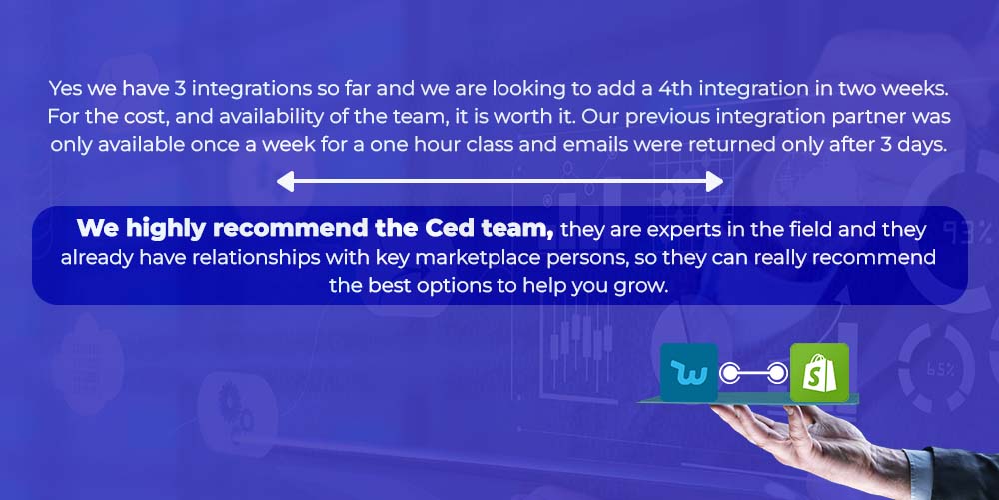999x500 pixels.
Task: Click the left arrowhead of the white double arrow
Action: point(284,181)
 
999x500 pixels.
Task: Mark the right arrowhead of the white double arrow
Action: point(715,181)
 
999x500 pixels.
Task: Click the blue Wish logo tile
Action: point(688,372)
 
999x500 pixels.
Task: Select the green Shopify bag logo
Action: point(819,372)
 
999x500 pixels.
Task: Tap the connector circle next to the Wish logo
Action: point(730,373)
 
